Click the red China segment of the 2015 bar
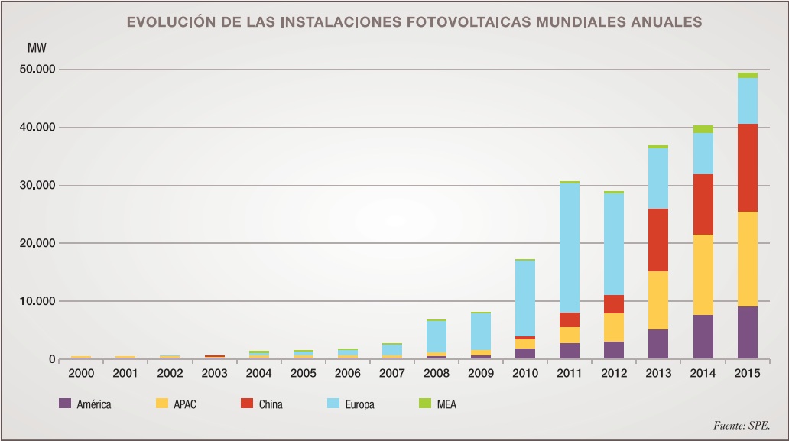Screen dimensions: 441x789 point(747,167)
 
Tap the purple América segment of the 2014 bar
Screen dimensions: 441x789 point(703,336)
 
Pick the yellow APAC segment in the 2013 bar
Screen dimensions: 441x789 point(657,300)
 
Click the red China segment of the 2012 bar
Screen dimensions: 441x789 point(613,304)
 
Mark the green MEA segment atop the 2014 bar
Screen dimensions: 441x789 point(703,129)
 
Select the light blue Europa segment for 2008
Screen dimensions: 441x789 point(436,336)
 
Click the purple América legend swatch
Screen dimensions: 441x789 point(64,404)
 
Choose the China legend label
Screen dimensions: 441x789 point(270,404)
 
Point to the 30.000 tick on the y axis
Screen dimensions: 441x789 point(37,186)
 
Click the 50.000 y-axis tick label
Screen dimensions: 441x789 point(37,70)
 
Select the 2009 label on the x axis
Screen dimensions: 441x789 point(481,374)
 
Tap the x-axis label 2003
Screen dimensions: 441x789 point(214,374)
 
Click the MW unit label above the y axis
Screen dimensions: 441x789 point(36,48)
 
